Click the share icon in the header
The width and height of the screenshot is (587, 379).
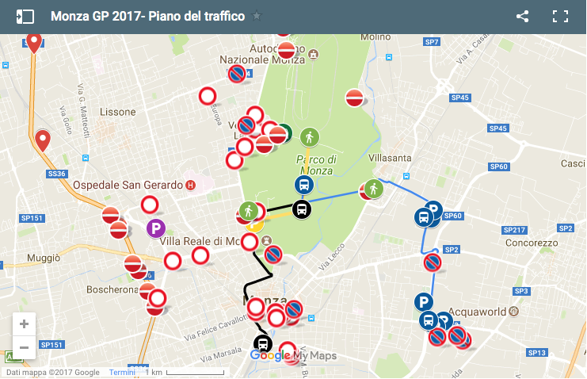(522, 16)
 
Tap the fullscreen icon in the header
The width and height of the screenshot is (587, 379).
(561, 16)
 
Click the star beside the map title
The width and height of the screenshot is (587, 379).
(257, 16)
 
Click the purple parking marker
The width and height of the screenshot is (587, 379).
(157, 228)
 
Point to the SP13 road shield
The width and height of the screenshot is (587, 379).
(537, 352)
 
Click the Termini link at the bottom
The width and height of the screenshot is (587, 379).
(122, 373)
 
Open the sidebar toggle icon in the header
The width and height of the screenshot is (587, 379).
(25, 16)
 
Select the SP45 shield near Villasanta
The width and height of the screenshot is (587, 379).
(460, 98)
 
